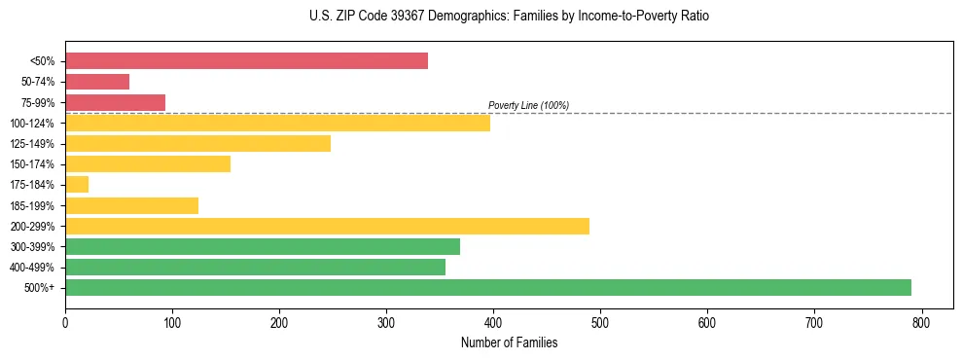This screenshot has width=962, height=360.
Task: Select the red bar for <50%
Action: [x=246, y=61]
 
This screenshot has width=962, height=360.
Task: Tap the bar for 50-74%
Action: [x=97, y=82]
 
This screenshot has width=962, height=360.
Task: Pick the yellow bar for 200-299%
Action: [x=327, y=226]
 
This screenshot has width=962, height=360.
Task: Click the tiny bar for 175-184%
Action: [x=77, y=185]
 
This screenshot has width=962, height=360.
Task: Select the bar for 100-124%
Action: [x=277, y=123]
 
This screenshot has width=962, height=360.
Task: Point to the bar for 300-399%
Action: [x=263, y=246]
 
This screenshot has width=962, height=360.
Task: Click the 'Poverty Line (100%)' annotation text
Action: [x=528, y=105]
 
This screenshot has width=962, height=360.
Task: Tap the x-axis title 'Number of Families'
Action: [x=509, y=342]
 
